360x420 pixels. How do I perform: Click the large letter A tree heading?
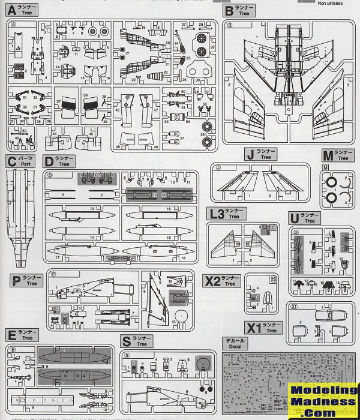tap(13, 10)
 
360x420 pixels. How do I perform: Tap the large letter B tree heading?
tap(229, 10)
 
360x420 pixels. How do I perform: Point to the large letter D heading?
tap(48, 161)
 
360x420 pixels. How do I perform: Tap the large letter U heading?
tap(292, 217)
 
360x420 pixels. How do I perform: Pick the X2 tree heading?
tap(212, 280)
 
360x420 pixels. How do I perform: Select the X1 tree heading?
tap(253, 328)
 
